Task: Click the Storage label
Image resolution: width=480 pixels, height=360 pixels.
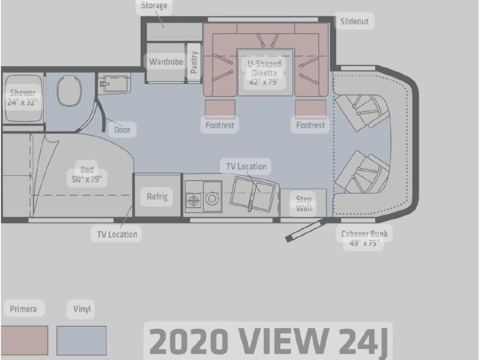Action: point(154,7)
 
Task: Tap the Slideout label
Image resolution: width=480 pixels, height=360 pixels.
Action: point(355,21)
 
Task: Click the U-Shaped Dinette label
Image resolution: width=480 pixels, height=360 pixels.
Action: point(264,73)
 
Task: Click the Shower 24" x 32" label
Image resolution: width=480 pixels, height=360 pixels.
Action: point(22,98)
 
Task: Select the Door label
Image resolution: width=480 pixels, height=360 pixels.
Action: point(122,129)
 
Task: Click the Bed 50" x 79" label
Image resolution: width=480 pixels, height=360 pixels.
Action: point(87,174)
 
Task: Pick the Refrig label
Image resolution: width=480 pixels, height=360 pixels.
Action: point(156,196)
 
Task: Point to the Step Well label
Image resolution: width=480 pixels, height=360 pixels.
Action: point(304,204)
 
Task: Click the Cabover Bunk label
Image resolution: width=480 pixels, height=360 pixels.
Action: point(364,239)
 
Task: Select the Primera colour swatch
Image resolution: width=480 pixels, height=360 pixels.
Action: point(24,341)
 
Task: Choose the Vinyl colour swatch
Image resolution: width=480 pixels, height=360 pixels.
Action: point(82,341)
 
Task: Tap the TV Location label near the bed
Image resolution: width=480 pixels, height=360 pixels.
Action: point(116,234)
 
